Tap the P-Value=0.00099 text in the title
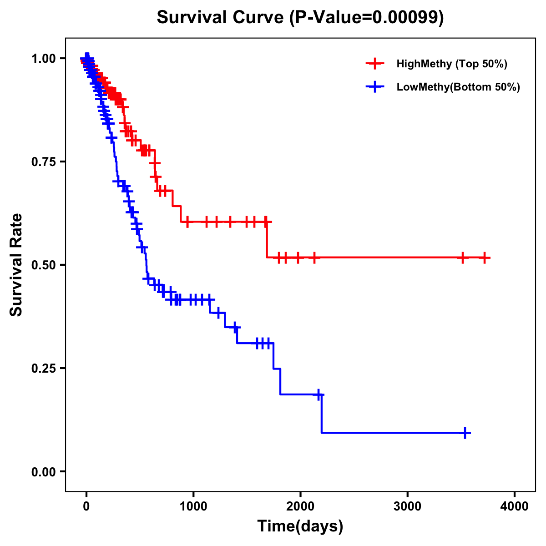coord(367,18)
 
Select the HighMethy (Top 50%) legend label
coord(451,64)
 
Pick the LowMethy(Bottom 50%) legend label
coord(458,87)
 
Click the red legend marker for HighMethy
coord(375,64)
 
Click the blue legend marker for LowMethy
coord(375,87)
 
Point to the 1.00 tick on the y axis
coord(44,59)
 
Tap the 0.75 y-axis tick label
coord(44,162)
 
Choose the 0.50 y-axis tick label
coord(44,265)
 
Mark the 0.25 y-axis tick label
coord(44,369)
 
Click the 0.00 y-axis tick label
coord(44,472)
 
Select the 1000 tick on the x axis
coord(193,506)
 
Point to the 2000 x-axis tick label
coord(300,506)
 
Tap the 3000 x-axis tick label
coord(408,506)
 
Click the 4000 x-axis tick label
coord(515,506)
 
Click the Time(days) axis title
coord(300,526)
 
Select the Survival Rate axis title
coord(17,265)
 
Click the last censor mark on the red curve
coord(485,258)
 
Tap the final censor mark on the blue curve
coord(465,433)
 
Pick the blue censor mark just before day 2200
coord(319,394)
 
